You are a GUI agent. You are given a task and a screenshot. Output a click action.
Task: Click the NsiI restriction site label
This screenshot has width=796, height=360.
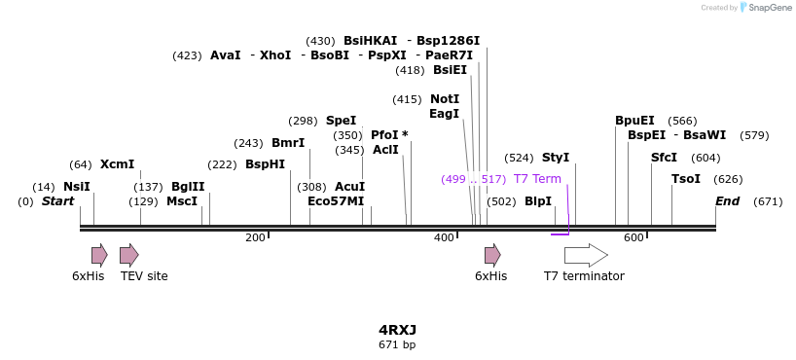point(77,187)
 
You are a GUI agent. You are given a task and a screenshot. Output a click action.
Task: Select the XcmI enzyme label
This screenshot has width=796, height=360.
point(117,164)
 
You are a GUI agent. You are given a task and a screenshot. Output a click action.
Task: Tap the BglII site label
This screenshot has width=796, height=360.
point(188,187)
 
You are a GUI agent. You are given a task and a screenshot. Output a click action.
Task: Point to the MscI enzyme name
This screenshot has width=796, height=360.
point(182,201)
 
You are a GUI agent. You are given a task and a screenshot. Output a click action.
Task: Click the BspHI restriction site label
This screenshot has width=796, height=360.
point(265,164)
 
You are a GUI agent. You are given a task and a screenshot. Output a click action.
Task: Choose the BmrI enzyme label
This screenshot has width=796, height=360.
point(288,143)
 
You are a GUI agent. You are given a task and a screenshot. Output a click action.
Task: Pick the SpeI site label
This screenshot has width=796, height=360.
point(341,121)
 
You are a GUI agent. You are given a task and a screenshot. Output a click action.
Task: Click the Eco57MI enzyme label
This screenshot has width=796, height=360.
point(336,201)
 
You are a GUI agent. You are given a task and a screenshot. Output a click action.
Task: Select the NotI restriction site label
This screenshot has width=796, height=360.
point(445,99)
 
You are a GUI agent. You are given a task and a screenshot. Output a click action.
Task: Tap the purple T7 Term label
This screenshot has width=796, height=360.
point(537,179)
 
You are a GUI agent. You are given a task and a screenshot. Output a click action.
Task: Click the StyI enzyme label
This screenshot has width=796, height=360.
point(556,158)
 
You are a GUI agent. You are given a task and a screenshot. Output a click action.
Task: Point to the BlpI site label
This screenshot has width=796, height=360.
point(538,201)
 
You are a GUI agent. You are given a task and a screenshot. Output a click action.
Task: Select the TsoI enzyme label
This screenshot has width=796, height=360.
point(686,179)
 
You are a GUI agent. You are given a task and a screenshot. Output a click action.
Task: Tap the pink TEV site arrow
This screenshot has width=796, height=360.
point(128,256)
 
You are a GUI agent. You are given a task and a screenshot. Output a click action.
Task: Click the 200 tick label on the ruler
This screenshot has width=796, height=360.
point(255,238)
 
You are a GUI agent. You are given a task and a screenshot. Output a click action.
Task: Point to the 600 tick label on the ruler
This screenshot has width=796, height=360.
point(633,238)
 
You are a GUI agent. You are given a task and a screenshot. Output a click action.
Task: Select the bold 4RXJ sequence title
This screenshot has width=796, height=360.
point(397,330)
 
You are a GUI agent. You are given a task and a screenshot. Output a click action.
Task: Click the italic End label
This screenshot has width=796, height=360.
point(727,201)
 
